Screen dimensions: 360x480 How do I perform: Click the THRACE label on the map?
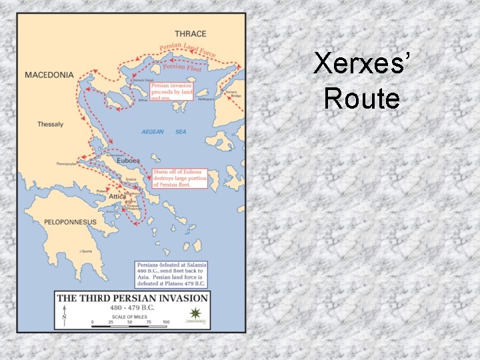(x=191, y=34)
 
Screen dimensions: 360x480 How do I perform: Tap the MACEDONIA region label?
(x=49, y=75)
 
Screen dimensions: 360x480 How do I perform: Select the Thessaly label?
(x=51, y=125)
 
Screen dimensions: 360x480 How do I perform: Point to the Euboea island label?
(x=127, y=161)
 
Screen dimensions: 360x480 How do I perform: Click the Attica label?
(x=117, y=197)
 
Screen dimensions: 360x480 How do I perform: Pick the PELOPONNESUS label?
(x=70, y=222)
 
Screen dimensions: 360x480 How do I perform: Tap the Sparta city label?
(x=87, y=251)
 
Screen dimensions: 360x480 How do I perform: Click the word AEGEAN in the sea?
(x=153, y=132)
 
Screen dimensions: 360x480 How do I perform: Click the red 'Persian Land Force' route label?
(x=187, y=49)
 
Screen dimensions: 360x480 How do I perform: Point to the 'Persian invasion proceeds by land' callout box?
(x=171, y=91)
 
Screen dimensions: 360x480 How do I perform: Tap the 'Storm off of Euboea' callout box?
(x=180, y=178)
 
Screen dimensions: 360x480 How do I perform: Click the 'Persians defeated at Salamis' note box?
(x=171, y=274)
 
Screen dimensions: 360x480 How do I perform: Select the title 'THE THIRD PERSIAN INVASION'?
(x=133, y=298)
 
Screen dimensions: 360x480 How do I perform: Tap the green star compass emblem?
(x=195, y=313)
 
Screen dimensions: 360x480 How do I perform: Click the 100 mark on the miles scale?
(x=165, y=323)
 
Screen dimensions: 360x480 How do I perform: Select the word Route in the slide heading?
(x=362, y=99)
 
